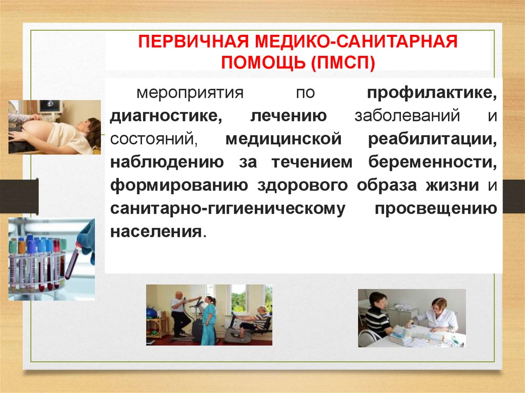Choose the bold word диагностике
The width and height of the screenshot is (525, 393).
pyautogui.click(x=166, y=116)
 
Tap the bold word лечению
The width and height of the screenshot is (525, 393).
pyautogui.click(x=289, y=116)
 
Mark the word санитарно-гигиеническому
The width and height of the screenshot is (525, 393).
pyautogui.click(x=226, y=209)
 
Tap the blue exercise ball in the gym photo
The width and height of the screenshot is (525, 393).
pyautogui.click(x=152, y=313)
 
